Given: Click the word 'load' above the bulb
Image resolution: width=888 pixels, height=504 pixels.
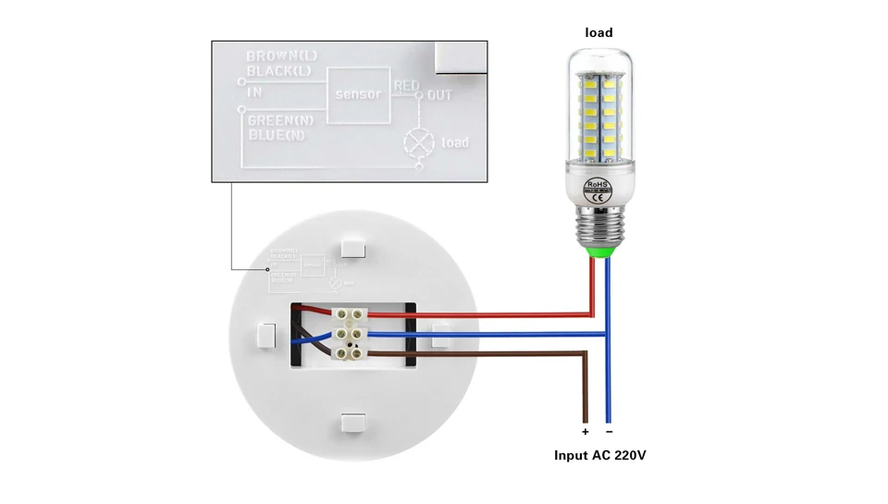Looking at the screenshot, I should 598,32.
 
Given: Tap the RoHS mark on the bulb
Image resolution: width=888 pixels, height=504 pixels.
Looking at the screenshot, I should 598,184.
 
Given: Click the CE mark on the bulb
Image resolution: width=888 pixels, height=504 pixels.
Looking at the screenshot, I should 598,196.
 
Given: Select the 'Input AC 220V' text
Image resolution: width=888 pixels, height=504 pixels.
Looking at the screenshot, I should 599,455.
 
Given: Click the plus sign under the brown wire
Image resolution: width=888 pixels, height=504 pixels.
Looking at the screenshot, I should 586,432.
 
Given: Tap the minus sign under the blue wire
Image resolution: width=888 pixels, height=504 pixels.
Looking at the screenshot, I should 609,432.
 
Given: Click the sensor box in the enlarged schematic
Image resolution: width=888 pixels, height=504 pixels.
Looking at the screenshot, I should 358,95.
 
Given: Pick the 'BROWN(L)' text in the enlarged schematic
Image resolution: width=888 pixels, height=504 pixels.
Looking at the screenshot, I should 281,57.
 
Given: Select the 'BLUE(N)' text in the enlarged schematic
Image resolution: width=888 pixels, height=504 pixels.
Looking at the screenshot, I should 277,135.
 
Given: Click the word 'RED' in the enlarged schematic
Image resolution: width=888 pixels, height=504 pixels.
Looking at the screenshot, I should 407,86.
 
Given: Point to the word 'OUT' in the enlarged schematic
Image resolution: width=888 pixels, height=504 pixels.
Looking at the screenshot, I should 440,95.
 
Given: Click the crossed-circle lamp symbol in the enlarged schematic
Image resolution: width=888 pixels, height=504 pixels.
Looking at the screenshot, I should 419,142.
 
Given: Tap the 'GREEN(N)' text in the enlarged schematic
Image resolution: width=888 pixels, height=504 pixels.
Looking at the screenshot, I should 281,121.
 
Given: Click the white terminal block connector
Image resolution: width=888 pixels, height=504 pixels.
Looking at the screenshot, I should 350,333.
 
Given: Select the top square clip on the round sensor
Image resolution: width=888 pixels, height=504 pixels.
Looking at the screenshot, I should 352,247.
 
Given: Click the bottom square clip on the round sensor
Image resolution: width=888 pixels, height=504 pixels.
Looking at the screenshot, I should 353,423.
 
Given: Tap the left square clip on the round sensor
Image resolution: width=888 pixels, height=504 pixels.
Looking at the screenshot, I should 266,335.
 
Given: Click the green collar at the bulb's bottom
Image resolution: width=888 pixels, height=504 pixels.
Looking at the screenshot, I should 599,250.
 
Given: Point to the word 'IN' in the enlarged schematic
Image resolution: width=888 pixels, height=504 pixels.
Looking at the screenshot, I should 254,92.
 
